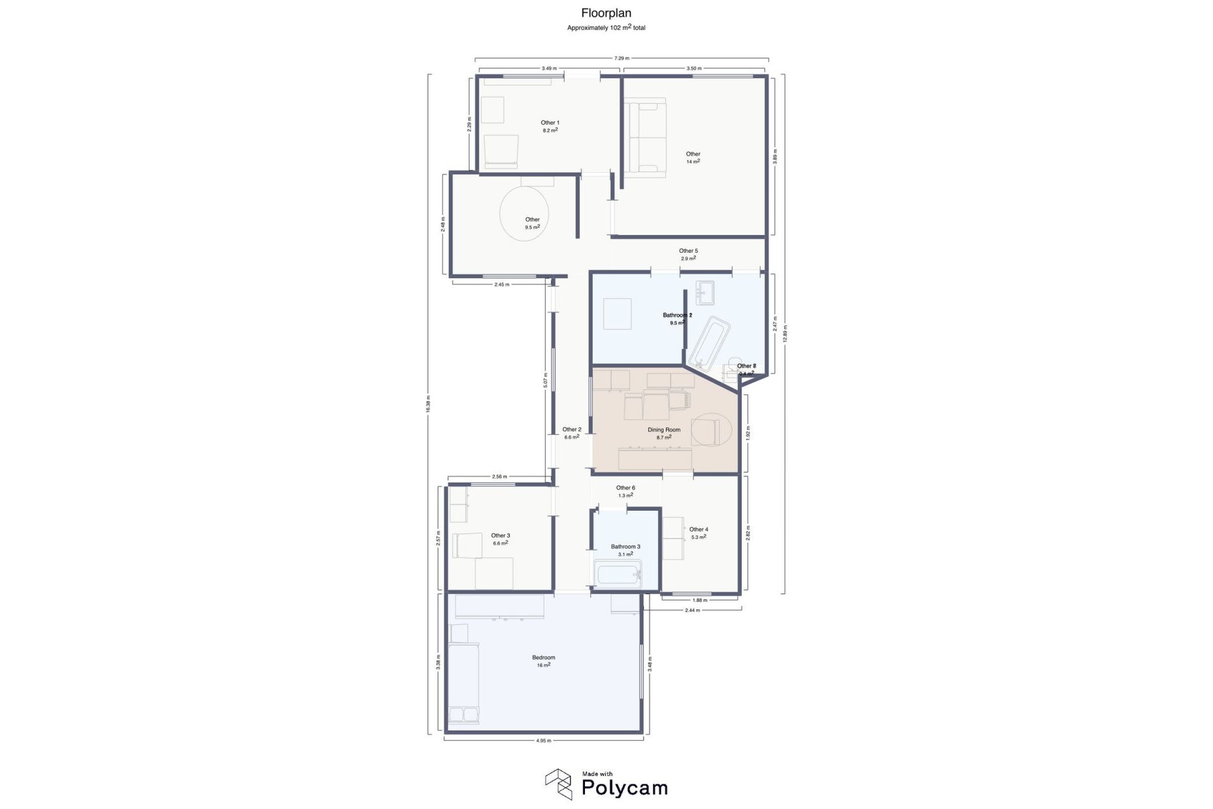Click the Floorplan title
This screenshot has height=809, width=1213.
pos(606,13)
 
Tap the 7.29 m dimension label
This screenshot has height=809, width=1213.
pos(622,58)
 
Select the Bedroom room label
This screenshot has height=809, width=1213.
pos(543,657)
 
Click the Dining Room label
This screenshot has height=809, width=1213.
pos(663,430)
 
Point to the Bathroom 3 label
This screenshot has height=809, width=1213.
pos(625,547)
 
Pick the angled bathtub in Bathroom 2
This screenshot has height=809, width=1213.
pos(709,341)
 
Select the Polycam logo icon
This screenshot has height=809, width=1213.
pos(558,784)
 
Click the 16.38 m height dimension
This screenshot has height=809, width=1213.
pos(428,404)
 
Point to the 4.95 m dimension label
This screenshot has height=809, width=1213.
pos(543,741)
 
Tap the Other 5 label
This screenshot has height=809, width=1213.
pos(688,251)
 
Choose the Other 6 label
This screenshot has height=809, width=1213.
pos(625,488)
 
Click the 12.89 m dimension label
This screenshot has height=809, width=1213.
pos(784,334)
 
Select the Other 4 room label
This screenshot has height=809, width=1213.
pos(698,530)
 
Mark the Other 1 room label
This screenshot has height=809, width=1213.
pos(550,123)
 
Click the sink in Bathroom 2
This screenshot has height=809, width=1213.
pos(704,292)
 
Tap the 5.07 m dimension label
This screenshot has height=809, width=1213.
pos(545,379)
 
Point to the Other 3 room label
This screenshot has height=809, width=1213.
pos(500,536)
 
